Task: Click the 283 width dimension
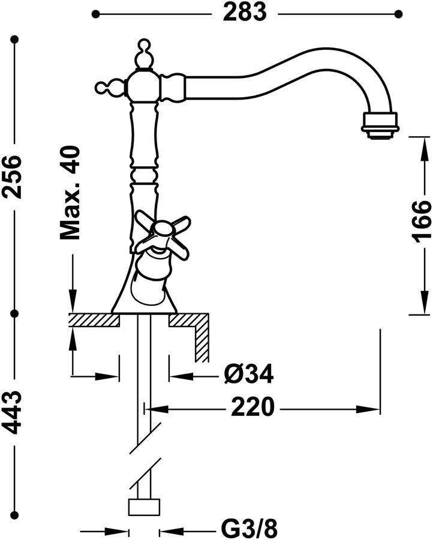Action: (x=244, y=13)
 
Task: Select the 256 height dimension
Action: (x=13, y=176)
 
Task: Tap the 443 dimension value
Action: (x=13, y=412)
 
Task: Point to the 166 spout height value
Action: (x=422, y=221)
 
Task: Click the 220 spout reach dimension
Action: (x=253, y=407)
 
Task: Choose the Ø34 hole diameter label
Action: (x=248, y=374)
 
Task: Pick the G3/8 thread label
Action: (x=249, y=528)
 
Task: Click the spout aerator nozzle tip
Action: (x=380, y=126)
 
